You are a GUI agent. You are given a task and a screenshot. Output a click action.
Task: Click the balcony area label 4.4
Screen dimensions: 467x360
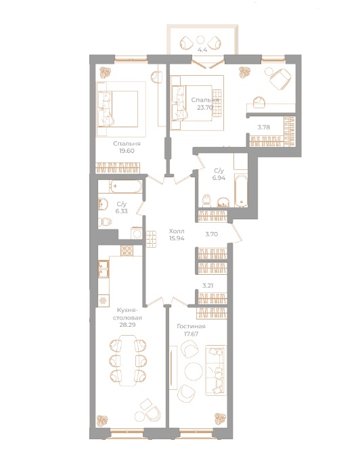click(201, 49)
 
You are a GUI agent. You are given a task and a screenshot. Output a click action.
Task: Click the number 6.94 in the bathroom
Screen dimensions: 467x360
click(219, 179)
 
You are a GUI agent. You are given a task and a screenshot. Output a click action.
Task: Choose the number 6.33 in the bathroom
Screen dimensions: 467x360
click(122, 210)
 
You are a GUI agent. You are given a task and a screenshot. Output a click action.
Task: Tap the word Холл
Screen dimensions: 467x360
click(175, 231)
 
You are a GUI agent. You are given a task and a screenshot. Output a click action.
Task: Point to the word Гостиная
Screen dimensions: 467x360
click(191, 326)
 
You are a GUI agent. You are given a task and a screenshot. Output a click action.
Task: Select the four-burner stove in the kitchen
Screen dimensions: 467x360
click(127, 251)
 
